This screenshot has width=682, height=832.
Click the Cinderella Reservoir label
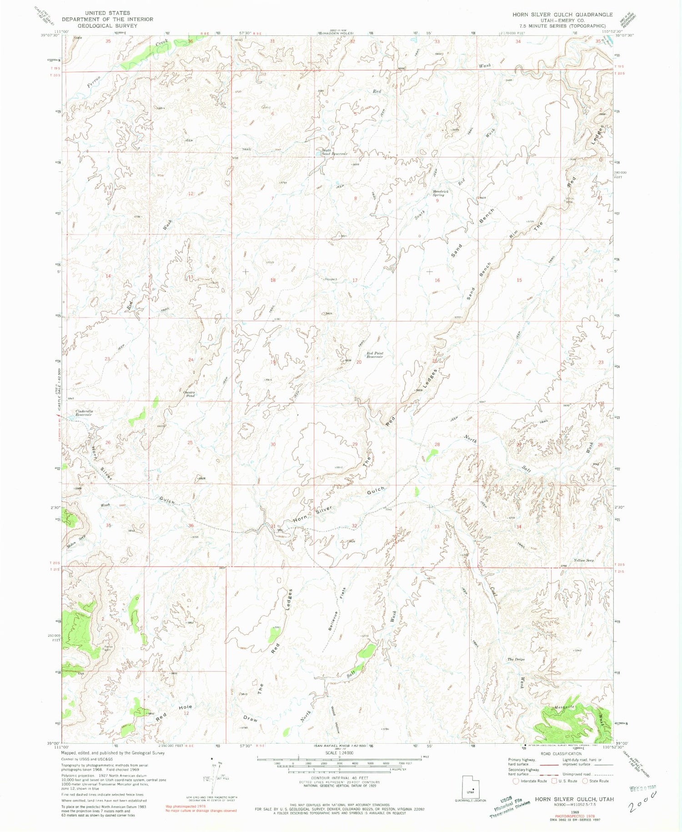click(84, 413)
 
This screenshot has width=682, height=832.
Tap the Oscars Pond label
click(190, 394)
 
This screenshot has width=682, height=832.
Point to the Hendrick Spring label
click(441, 193)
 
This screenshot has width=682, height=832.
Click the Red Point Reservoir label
click(375, 355)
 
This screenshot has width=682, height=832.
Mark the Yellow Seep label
click(584, 560)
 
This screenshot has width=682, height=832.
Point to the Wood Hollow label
click(335, 719)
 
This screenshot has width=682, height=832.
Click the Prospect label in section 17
click(330, 279)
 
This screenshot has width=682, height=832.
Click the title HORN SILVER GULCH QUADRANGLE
click(562, 15)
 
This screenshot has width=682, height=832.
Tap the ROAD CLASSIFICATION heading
click(561, 754)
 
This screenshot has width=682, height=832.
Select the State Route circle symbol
click(585, 781)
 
